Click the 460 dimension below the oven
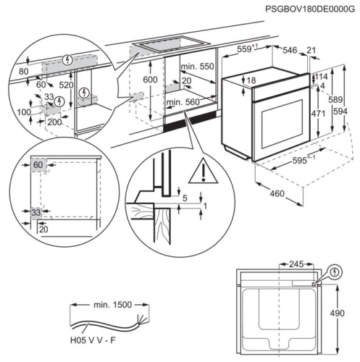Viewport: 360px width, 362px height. pos(273,193)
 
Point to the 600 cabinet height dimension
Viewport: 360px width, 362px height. pos(149,80)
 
